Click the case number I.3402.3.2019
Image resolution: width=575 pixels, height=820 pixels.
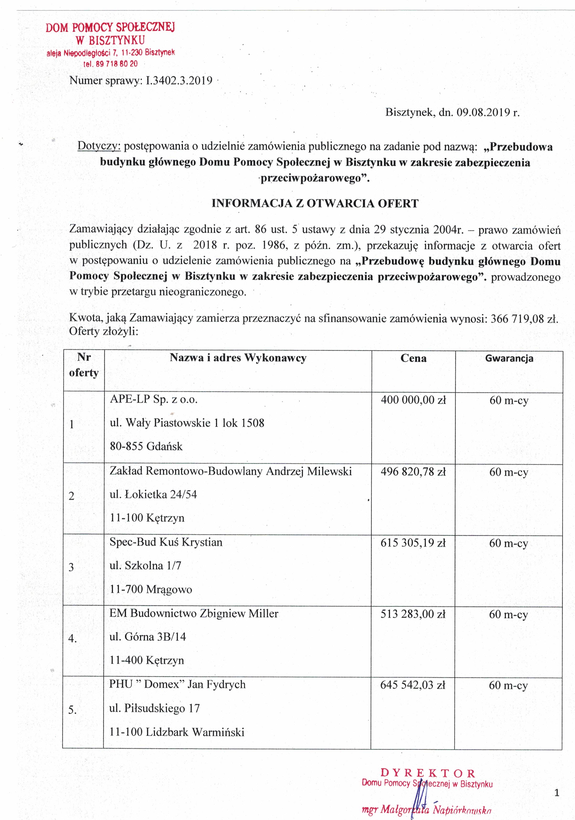[x=179, y=80]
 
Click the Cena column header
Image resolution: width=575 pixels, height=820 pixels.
[x=413, y=358]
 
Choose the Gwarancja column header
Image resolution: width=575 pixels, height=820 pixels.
[x=509, y=358]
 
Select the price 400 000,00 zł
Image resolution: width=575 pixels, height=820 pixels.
[x=413, y=400]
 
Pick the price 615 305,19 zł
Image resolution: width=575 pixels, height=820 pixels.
[x=413, y=542]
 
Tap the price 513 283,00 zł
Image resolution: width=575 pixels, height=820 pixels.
[x=413, y=614]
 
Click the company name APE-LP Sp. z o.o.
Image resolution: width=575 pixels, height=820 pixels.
[x=153, y=399]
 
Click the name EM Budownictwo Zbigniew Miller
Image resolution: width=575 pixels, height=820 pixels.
[x=194, y=613]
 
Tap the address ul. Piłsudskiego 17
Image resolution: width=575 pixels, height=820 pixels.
[x=154, y=708]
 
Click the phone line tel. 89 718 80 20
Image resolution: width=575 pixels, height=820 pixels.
[x=110, y=64]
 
